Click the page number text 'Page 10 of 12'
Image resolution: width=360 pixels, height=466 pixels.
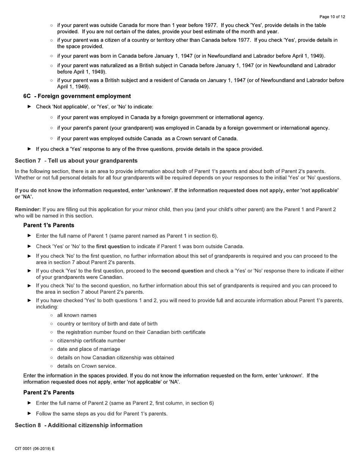pos(332,17)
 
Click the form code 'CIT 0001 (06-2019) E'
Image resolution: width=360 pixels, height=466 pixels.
pos(34,449)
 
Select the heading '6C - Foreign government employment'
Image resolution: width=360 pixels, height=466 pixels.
pos(77,96)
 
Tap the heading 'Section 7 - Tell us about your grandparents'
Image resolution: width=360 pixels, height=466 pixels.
pos(76,161)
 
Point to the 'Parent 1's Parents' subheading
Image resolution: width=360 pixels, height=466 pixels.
pos(49,225)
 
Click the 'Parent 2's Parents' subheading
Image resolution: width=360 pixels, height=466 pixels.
pos(49,393)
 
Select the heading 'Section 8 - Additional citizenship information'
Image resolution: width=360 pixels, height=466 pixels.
pos(78,425)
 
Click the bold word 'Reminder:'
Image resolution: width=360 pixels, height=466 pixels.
pos(28,210)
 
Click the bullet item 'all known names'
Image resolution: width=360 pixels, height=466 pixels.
pos(77,315)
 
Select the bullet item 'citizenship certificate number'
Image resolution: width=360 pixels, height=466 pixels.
pos(91,341)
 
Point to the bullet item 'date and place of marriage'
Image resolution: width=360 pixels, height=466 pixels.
pos(88,349)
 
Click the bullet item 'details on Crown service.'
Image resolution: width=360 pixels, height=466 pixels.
pos(86,366)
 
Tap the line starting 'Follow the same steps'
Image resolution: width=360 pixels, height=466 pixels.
pos(102,414)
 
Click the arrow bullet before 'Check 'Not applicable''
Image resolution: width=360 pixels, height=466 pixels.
pos(30,107)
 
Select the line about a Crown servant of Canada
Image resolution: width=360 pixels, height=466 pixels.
pos(147,139)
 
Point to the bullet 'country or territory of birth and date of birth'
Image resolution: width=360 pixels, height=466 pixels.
pos(107,324)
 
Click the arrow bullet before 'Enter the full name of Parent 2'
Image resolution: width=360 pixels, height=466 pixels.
pos(30,403)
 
